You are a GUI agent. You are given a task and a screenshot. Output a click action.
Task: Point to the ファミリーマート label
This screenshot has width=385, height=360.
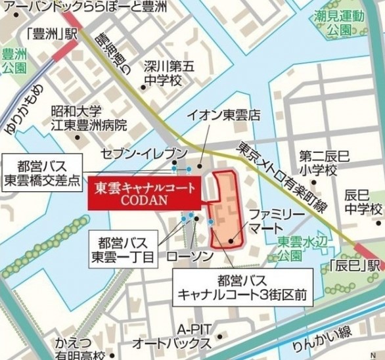coord(275,221)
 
